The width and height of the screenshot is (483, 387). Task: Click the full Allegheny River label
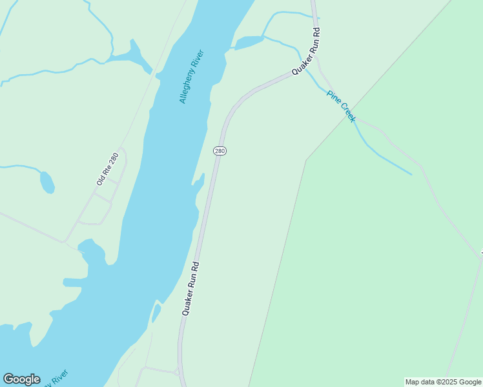pyautogui.click(x=192, y=76)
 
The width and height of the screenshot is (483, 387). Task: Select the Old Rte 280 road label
pyautogui.click(x=107, y=169)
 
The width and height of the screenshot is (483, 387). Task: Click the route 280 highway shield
pyautogui.click(x=220, y=151)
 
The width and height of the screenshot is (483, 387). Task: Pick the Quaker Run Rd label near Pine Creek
pyautogui.click(x=306, y=51)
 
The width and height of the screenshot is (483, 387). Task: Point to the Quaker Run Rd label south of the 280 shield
pyautogui.click(x=190, y=288)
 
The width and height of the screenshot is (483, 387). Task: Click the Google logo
pyautogui.click(x=21, y=379)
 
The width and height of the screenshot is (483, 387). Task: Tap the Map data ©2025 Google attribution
pyautogui.click(x=443, y=382)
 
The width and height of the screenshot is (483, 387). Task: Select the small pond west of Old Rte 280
pyautogui.click(x=46, y=182)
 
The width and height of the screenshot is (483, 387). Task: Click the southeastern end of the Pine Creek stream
pyautogui.click(x=411, y=174)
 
